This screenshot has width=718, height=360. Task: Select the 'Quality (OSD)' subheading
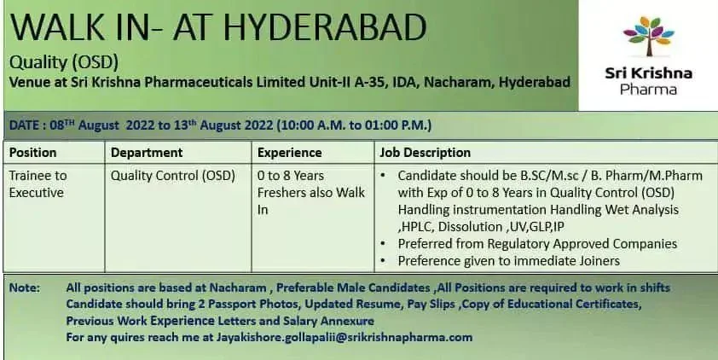63,63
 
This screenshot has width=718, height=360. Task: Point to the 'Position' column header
32,153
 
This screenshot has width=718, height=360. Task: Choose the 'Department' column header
147,153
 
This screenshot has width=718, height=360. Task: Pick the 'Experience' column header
289,153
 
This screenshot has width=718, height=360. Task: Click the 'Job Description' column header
424,153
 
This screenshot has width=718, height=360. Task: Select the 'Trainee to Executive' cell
38,183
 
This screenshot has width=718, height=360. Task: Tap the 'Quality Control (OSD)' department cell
172,176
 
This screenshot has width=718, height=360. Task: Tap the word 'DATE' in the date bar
25,125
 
